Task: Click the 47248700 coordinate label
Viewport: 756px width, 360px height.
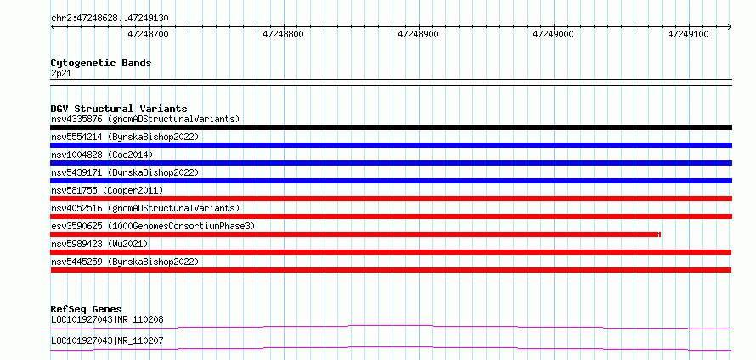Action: [x=149, y=34]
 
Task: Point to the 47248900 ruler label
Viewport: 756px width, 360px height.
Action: [x=419, y=34]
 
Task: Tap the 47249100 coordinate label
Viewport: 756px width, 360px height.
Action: [x=689, y=34]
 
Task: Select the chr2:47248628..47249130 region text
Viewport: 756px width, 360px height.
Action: [x=110, y=19]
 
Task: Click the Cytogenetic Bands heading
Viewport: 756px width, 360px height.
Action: [x=101, y=63]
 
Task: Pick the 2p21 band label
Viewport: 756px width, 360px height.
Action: [x=61, y=74]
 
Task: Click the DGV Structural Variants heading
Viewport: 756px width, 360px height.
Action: [x=119, y=109]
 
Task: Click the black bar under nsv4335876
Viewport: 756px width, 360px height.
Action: [x=391, y=127]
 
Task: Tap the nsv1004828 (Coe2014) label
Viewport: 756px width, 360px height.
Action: [x=102, y=155]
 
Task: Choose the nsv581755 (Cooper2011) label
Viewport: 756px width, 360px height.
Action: [x=107, y=190]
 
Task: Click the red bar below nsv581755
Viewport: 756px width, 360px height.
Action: [x=391, y=199]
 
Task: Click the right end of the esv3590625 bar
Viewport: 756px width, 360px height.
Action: [x=660, y=234]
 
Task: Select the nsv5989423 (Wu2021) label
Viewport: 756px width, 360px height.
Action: [x=99, y=244]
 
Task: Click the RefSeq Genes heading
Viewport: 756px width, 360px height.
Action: [x=87, y=309]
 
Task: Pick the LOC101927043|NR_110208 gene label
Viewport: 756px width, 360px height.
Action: [x=107, y=319]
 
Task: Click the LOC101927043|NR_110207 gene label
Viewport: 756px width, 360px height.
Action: [x=107, y=340]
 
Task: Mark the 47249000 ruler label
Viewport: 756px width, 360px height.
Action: [x=554, y=34]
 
